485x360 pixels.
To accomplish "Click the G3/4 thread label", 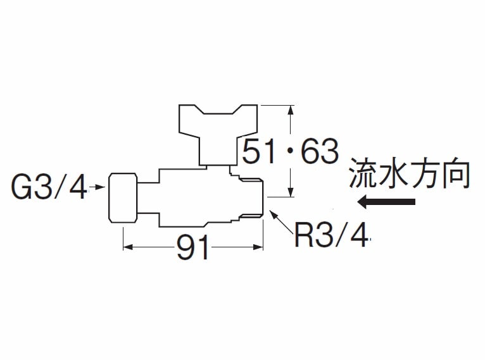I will (49, 187).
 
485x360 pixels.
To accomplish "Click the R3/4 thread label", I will (331, 235).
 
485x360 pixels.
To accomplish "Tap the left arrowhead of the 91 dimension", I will (126, 247).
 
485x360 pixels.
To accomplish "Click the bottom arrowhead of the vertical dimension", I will (291, 192).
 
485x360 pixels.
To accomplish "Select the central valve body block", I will (190, 196).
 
